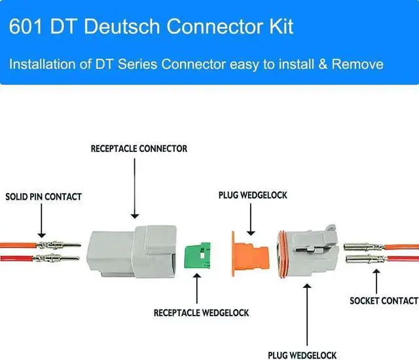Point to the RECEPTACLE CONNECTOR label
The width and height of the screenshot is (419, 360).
point(139,149)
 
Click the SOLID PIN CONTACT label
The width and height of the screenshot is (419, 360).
point(44,196)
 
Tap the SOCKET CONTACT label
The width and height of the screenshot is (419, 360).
point(384,300)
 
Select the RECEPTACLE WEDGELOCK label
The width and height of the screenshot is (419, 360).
point(201,313)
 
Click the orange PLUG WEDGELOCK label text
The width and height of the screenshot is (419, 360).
point(253,195)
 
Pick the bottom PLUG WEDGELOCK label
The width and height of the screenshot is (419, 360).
point(303,355)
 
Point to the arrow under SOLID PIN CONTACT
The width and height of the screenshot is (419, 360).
point(41,223)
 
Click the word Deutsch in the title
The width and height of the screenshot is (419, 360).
point(130,27)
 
